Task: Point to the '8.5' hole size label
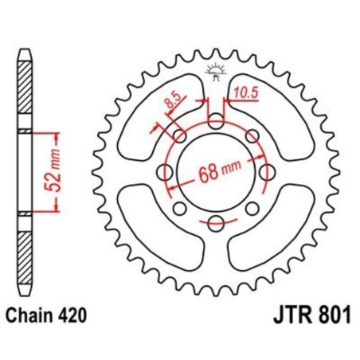[x=174, y=102]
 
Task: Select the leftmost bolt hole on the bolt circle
[x=166, y=172]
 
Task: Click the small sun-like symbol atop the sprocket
[x=215, y=70]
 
